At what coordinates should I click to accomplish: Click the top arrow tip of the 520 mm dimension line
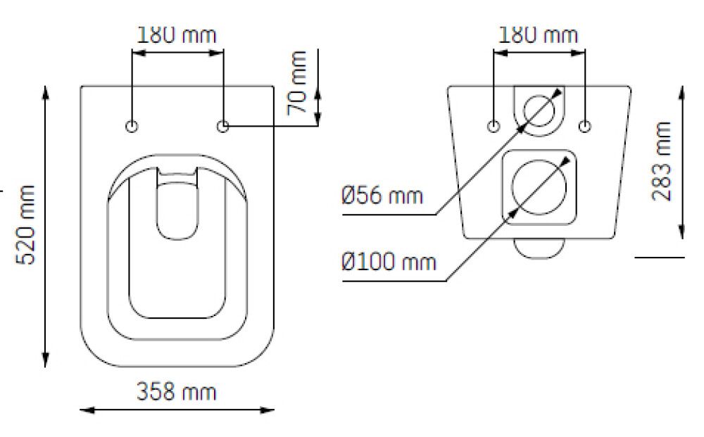click(x=45, y=86)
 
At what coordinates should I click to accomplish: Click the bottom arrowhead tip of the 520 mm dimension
click(x=45, y=367)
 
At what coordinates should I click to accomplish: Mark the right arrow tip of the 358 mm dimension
click(x=274, y=410)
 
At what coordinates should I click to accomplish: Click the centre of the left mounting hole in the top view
click(x=132, y=127)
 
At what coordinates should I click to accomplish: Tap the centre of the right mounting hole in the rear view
click(x=584, y=127)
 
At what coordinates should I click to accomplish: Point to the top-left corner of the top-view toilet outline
click(x=81, y=86)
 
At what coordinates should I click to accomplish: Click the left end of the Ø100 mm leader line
click(x=343, y=281)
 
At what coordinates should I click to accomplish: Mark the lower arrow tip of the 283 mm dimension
click(x=681, y=239)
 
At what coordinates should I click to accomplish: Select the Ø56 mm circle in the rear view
click(x=539, y=110)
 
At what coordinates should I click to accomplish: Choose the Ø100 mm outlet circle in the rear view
click(x=539, y=187)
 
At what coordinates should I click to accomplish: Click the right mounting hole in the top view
click(x=222, y=127)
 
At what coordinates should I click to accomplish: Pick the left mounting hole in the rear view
click(x=494, y=127)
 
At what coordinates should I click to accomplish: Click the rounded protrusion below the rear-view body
click(x=539, y=248)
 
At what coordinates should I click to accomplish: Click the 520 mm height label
click(x=25, y=224)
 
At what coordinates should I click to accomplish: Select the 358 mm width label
click(x=177, y=392)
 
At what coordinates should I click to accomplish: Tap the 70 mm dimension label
click(x=297, y=83)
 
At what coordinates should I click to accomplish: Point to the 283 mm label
click(x=661, y=161)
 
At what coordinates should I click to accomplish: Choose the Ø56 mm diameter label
click(x=382, y=196)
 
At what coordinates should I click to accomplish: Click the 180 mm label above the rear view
click(x=539, y=35)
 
